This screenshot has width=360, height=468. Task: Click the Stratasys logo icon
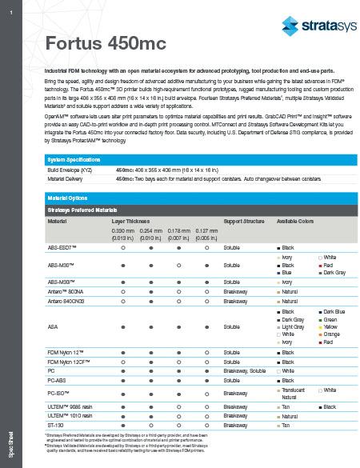click(283, 26)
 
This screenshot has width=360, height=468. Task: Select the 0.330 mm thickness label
click(122, 230)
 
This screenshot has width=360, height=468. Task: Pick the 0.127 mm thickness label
click(206, 230)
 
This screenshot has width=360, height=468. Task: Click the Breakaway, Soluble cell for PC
click(246, 370)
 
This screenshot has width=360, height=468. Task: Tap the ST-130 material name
click(56, 425)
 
